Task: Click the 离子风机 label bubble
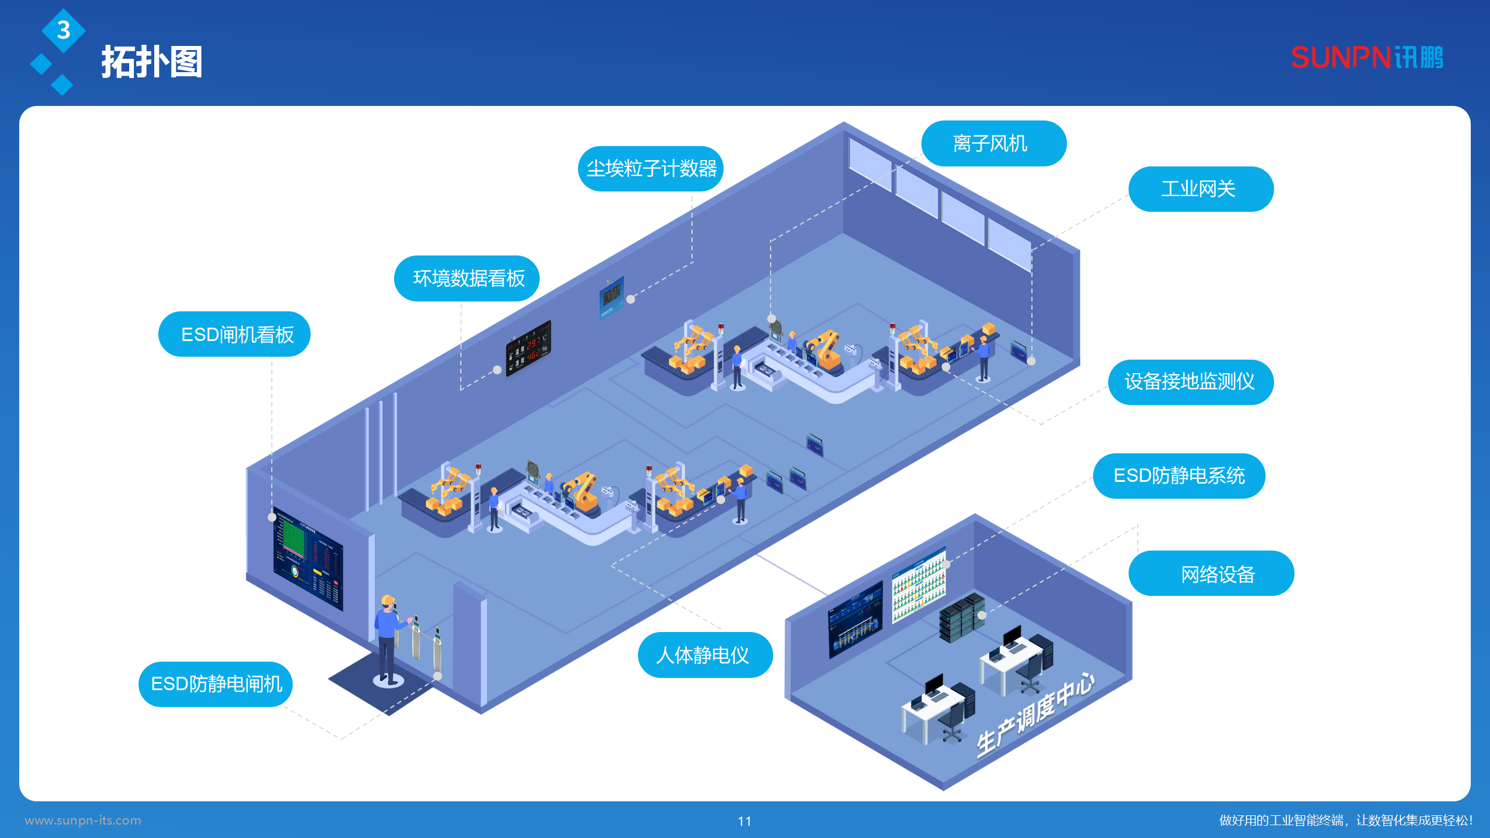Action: [x=993, y=144]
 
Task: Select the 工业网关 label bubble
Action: [x=1200, y=189]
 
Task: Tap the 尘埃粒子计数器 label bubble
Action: [x=651, y=169]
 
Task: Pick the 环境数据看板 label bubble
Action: [x=467, y=279]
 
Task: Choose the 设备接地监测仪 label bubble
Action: [x=1190, y=382]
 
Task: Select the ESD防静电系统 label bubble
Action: [x=1179, y=476]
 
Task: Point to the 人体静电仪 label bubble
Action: [x=704, y=655]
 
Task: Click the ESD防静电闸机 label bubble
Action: [x=215, y=684]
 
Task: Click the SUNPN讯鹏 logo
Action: [x=1367, y=58]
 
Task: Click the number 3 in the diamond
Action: [x=63, y=30]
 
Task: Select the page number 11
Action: [x=744, y=821]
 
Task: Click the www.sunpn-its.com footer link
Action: [x=83, y=821]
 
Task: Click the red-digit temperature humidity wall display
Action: [x=528, y=348]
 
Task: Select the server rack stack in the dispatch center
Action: [x=961, y=619]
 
